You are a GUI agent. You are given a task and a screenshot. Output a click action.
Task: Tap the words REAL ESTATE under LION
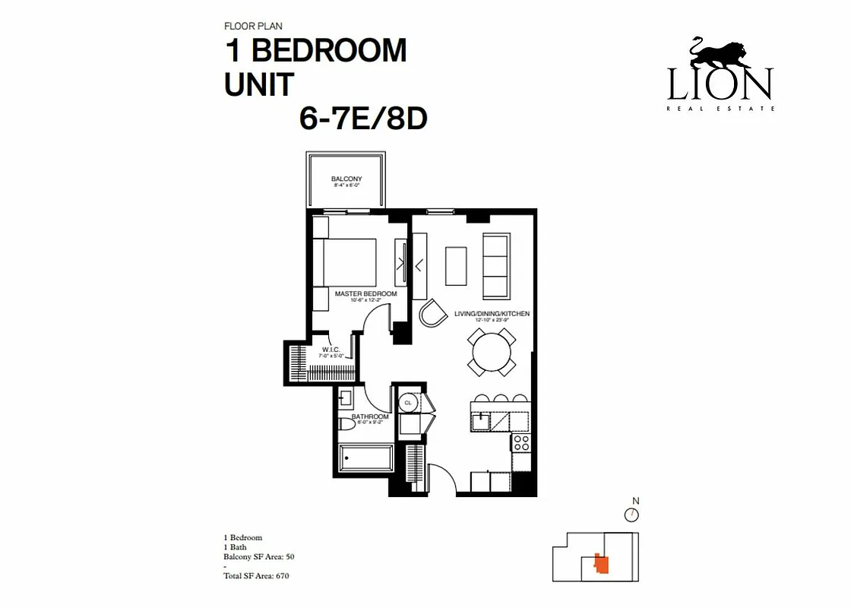(x=720, y=109)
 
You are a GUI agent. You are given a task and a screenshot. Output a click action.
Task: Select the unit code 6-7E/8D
(x=364, y=119)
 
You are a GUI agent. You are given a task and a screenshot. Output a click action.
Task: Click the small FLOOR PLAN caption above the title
(x=253, y=27)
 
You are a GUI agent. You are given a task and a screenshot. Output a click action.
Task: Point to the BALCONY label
(x=346, y=179)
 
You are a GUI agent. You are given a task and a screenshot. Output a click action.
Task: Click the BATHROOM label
(x=370, y=416)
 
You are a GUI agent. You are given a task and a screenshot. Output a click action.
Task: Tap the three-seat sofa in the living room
(x=495, y=266)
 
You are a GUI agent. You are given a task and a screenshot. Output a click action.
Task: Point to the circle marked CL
(x=408, y=402)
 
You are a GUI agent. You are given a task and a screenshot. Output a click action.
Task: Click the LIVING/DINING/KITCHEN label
(x=492, y=314)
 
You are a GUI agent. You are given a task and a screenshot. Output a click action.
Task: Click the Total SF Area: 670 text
(x=256, y=576)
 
